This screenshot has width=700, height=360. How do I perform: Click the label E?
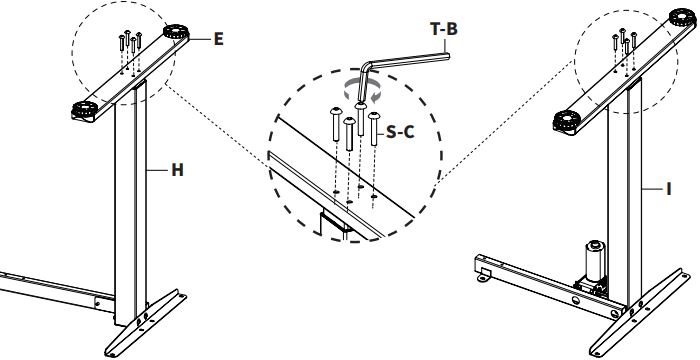(218, 39)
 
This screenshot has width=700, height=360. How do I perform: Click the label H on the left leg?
(178, 170)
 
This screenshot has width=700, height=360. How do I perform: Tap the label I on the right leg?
(668, 189)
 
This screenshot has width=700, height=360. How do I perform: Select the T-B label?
(444, 29)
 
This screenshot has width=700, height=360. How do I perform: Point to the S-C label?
(400, 132)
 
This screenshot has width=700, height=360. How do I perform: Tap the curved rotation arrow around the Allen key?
(362, 92)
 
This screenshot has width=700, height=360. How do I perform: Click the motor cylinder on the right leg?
(595, 261)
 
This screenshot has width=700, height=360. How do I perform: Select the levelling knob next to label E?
(175, 32)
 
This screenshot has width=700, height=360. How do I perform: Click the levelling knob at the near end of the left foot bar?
(84, 110)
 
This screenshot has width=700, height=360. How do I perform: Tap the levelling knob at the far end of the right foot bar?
(682, 17)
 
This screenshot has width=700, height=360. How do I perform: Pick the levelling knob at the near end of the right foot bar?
(567, 120)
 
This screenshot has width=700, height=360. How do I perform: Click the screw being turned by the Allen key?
(361, 119)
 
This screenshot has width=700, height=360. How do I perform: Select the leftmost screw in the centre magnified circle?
(336, 125)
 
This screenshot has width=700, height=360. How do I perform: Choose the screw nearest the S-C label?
(374, 129)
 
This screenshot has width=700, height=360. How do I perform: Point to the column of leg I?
(624, 192)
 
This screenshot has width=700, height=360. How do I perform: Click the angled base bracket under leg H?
(146, 322)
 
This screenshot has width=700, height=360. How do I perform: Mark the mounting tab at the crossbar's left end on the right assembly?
(483, 276)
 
